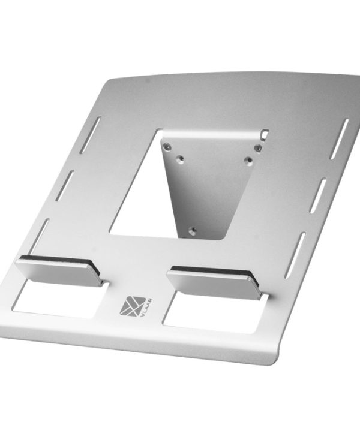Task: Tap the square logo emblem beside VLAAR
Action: (133, 306)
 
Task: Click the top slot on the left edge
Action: (90, 135)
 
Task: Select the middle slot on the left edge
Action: (64, 186)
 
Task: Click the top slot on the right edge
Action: (339, 139)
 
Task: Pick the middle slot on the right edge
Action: (318, 195)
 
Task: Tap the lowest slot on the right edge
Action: (295, 255)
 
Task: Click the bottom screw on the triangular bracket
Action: (192, 230)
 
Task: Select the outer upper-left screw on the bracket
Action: (167, 147)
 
